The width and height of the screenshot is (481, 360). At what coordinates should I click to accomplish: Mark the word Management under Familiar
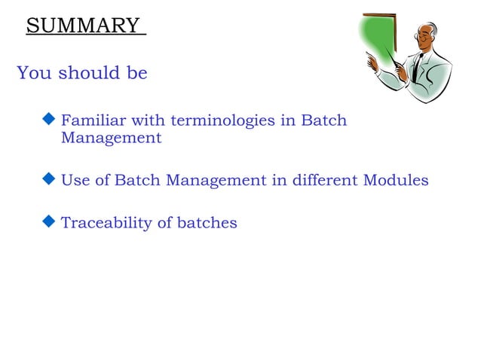111,139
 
